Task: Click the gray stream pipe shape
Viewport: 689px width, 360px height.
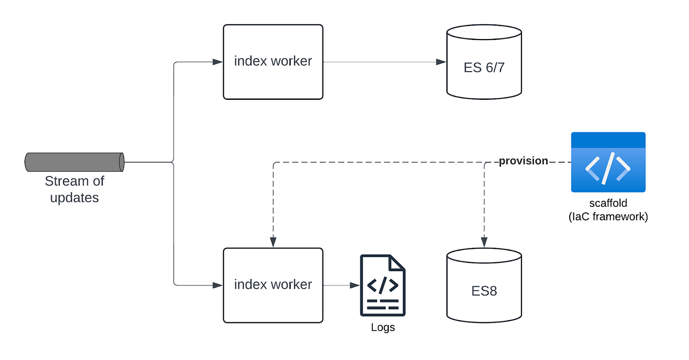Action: click(x=75, y=162)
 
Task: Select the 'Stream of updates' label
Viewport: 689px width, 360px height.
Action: click(x=75, y=189)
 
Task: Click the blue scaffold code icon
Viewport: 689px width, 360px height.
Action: click(x=608, y=162)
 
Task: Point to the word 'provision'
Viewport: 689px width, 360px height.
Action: click(x=523, y=161)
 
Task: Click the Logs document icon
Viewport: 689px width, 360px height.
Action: click(x=383, y=285)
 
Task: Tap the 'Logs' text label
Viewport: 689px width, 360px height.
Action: click(x=383, y=328)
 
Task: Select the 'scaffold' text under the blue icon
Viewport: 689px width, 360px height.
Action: click(x=608, y=203)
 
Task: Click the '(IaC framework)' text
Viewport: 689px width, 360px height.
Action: click(x=608, y=217)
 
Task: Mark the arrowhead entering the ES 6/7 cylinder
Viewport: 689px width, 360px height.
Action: click(x=441, y=62)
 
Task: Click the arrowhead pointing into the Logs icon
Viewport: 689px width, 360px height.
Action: click(x=355, y=285)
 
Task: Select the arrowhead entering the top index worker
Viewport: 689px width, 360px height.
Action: click(x=218, y=62)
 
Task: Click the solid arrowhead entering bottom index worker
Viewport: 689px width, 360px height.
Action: click(x=218, y=285)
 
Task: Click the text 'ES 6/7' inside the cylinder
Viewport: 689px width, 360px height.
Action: click(x=484, y=67)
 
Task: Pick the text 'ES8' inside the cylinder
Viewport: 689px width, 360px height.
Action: click(x=484, y=292)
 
